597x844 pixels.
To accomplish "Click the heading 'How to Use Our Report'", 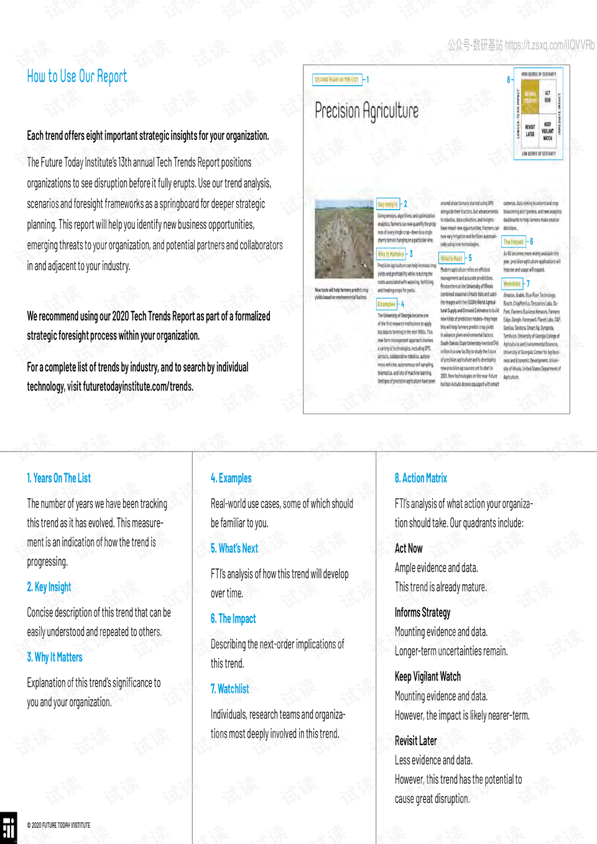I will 76,77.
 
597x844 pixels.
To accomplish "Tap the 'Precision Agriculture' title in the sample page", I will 366,111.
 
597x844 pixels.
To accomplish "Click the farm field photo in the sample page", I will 343,242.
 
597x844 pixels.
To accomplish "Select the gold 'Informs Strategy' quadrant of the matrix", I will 530,96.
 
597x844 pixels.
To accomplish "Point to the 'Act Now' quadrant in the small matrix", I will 548,96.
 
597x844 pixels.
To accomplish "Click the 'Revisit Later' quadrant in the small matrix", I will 530,131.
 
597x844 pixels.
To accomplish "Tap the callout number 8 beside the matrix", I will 508,80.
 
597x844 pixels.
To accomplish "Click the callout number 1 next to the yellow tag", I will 368,80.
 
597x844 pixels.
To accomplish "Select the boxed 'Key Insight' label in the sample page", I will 387,204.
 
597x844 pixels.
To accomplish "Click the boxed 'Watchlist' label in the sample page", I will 512,284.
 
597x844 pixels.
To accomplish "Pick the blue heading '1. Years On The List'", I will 58,478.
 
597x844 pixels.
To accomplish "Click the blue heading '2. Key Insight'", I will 49,587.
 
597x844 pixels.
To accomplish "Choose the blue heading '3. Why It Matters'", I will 55,657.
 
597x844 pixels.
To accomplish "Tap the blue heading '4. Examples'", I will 231,478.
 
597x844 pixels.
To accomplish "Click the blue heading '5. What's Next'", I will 234,549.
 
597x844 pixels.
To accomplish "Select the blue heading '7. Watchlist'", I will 230,689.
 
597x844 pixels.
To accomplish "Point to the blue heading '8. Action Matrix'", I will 421,478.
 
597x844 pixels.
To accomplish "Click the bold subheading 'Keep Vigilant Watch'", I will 428,677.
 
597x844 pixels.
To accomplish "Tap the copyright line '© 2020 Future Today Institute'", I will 58,825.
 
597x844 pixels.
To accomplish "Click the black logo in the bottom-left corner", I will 8,828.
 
